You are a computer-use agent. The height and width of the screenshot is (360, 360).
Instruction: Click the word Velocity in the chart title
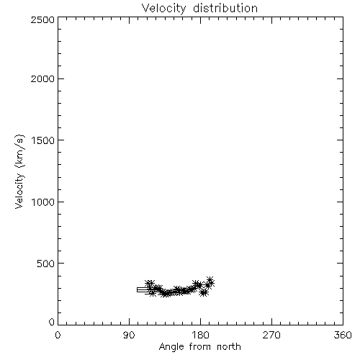[164, 9]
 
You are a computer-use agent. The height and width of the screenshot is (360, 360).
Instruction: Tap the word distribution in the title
[225, 8]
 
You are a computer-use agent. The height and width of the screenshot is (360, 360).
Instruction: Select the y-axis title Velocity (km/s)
[19, 171]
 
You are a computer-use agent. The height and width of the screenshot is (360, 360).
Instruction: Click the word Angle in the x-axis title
[171, 347]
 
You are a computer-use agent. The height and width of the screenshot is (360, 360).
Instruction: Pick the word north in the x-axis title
[229, 346]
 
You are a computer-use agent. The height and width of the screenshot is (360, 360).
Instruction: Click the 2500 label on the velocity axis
[42, 19]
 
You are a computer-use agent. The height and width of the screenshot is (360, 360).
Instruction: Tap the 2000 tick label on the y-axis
[42, 79]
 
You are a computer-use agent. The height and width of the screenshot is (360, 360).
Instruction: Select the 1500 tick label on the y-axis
[43, 140]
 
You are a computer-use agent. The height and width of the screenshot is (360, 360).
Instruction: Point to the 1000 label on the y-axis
[43, 202]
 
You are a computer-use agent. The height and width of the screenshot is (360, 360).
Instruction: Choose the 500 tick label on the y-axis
[46, 264]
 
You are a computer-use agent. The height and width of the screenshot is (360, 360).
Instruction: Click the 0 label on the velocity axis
[52, 322]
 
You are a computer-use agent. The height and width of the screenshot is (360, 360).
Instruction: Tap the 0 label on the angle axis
[58, 335]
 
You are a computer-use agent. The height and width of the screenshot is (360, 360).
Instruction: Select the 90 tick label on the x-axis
[129, 335]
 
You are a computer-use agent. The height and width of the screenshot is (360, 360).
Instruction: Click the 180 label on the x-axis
[200, 335]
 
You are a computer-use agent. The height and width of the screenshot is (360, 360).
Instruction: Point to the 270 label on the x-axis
[271, 335]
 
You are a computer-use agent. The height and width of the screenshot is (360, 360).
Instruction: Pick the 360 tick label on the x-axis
[343, 335]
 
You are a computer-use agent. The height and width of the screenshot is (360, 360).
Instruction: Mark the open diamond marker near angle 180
[204, 285]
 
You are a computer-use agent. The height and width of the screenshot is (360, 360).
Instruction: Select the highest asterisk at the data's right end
[210, 280]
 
